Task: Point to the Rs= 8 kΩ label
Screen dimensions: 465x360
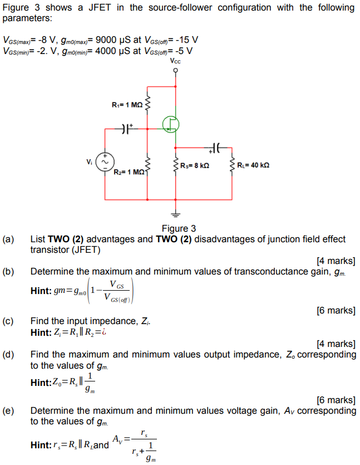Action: coord(195,165)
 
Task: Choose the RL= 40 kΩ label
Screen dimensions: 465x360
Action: coord(253,165)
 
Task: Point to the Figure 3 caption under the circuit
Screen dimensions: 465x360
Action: coord(179,229)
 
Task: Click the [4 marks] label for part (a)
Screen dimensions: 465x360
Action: coord(336,261)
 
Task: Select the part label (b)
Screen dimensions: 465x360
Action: coord(8,271)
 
